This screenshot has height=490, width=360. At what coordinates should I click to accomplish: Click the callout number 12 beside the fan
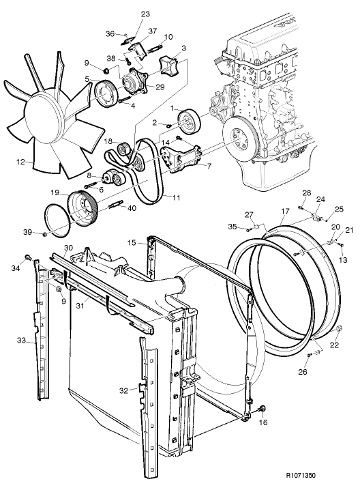(x=20, y=162)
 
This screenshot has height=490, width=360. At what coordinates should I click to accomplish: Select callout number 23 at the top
(x=145, y=14)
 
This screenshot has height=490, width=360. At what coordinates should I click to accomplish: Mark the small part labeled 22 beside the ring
(x=339, y=332)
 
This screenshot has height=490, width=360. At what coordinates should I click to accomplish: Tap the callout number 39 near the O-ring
(x=27, y=233)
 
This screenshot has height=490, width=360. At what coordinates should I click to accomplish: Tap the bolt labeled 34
(x=27, y=257)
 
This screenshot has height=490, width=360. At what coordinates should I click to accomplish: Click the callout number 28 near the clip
(x=306, y=193)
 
